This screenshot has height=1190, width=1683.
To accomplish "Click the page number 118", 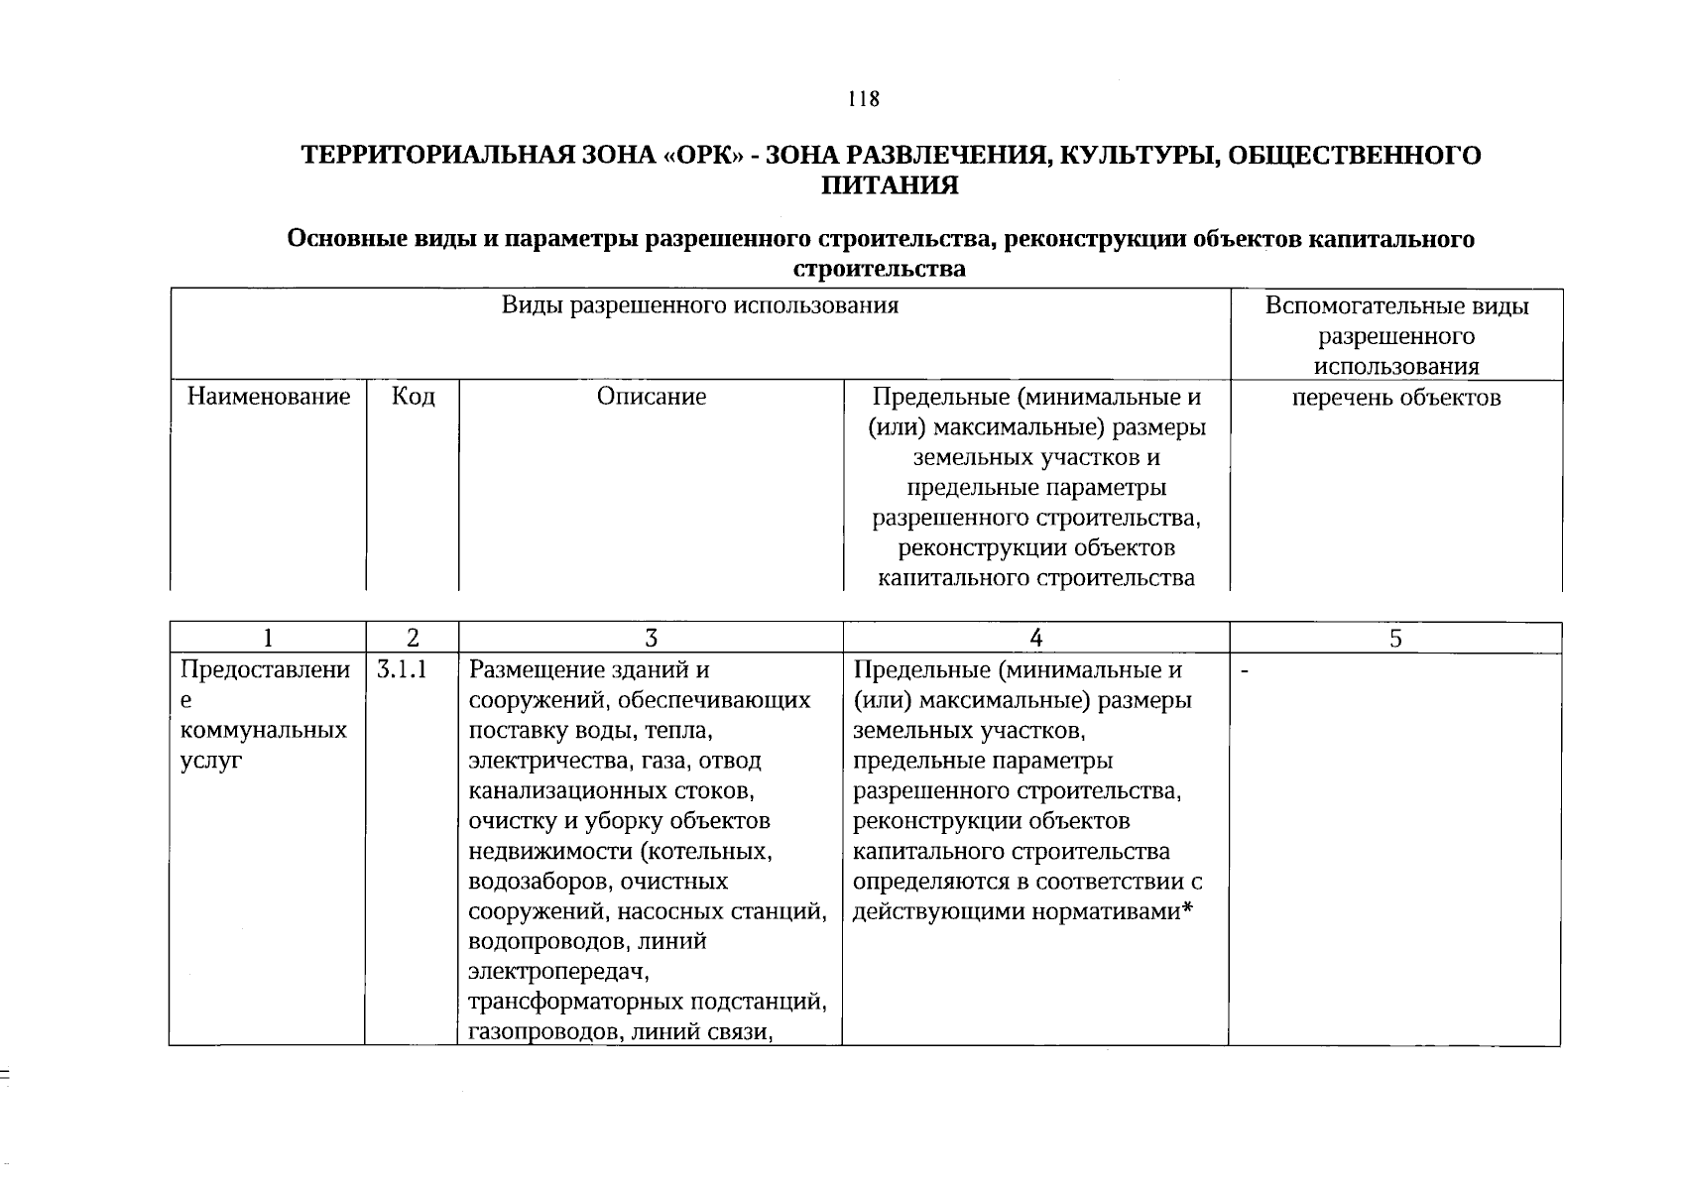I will click(x=863, y=99).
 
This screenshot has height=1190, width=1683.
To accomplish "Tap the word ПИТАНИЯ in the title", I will click(x=890, y=185).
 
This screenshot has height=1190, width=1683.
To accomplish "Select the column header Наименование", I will click(x=269, y=398).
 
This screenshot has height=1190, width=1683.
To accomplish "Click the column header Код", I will click(x=413, y=398).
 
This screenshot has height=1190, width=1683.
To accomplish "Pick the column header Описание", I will click(x=652, y=398).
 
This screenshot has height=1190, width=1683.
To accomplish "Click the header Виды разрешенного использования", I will click(x=699, y=305).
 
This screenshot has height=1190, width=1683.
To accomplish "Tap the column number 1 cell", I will click(x=267, y=639).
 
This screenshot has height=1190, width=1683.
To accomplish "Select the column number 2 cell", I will click(x=413, y=639).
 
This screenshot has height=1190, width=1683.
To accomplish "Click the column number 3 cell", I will click(x=651, y=639).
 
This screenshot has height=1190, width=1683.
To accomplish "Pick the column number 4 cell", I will click(x=1035, y=639).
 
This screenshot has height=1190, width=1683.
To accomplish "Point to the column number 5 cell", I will click(x=1395, y=639).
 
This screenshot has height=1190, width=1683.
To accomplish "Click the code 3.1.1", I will click(x=402, y=670).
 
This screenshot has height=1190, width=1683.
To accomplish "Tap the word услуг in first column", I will click(x=210, y=762).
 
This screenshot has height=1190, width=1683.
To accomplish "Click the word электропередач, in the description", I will click(x=554, y=973).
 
